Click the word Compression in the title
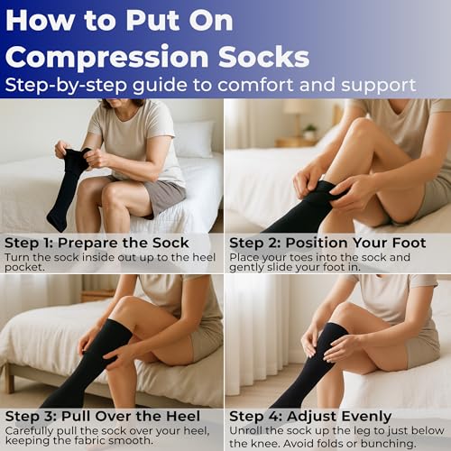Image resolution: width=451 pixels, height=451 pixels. coord(107,57)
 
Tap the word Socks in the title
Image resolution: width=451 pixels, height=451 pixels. coord(264,56)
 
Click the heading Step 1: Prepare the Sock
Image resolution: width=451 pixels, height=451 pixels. coord(97,243)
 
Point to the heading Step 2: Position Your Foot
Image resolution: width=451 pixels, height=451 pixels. coord(327,243)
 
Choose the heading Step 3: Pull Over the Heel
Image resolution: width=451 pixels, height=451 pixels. coord(103,417)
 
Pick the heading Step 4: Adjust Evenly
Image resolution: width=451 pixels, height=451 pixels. coord(310,418)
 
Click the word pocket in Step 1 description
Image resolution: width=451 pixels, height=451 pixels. coord(23,267)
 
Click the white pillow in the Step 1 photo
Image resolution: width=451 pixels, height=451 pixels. coord(194,139)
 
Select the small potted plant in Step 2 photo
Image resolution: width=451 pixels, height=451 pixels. coord(309,132)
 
